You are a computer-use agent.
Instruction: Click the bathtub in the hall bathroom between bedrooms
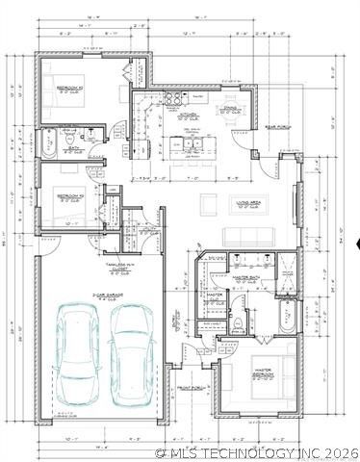coord(47,145)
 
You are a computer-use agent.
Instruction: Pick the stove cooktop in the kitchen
coord(176,99)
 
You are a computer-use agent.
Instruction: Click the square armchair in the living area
coord(208,202)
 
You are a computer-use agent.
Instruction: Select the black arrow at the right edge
coord(356,244)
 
